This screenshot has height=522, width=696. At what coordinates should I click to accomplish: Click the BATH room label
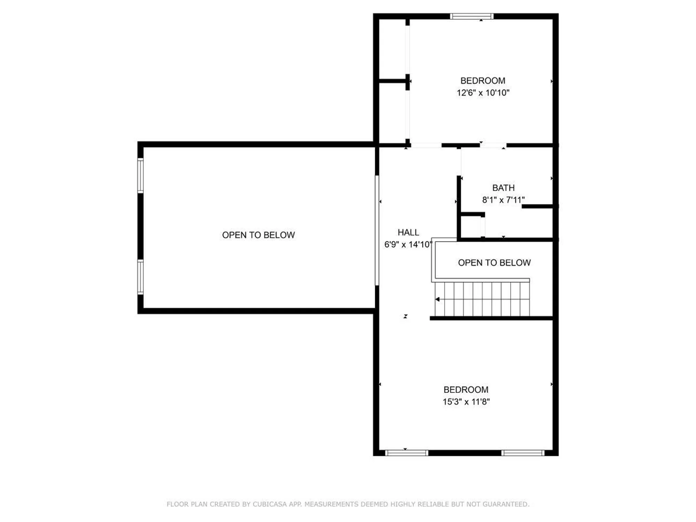(503, 188)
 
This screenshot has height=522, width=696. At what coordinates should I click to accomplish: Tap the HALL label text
(408, 232)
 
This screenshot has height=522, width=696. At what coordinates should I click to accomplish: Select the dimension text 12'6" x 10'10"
(483, 93)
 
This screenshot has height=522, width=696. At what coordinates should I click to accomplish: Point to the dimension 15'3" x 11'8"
(466, 402)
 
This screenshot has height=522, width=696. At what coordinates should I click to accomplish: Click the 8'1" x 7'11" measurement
(503, 200)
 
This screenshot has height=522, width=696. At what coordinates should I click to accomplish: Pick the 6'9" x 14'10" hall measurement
(408, 245)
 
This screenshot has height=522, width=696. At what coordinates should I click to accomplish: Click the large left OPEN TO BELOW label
(258, 235)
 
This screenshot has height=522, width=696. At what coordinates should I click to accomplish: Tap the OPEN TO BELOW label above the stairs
(494, 263)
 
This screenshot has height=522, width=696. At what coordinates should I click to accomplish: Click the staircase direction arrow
(437, 299)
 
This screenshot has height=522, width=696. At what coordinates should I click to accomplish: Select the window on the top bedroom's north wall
(472, 16)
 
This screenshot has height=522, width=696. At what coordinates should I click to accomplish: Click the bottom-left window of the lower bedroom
(406, 453)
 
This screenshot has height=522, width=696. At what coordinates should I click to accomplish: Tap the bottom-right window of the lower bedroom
(523, 453)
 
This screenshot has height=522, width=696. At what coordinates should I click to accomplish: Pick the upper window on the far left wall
(140, 175)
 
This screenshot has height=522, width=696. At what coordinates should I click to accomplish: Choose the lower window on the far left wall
(140, 277)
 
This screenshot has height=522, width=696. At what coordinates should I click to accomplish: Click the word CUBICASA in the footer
(272, 504)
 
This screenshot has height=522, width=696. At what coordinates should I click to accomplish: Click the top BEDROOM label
(483, 81)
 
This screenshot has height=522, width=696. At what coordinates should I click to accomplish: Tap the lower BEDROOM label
(466, 390)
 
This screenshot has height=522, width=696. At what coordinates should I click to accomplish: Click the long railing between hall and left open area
(377, 230)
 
